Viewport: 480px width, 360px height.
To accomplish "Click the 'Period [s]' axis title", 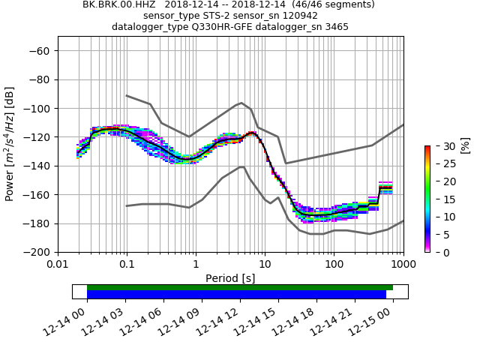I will point(230,278).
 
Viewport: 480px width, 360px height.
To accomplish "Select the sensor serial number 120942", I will point(292,16).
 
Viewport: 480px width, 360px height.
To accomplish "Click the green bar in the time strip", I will point(240,287).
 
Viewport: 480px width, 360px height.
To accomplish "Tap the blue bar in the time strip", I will point(236,295).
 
